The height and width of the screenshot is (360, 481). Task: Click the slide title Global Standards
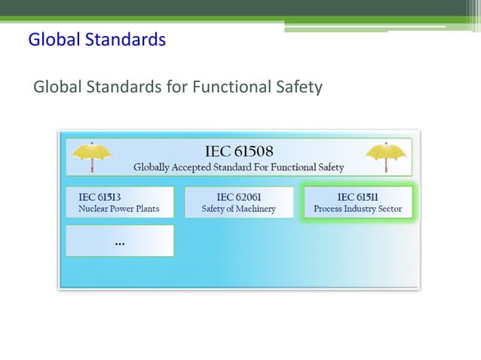click(x=97, y=39)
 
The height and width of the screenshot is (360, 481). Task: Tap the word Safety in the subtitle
click(x=296, y=87)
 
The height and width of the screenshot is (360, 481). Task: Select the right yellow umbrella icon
click(x=385, y=157)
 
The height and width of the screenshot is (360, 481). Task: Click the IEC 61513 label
click(x=100, y=197)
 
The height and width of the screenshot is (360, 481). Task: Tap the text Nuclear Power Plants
click(x=118, y=209)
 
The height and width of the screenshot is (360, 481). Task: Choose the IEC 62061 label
click(x=238, y=197)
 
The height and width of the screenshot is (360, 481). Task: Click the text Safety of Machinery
click(x=238, y=209)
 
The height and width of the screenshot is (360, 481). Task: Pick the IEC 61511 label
click(x=357, y=197)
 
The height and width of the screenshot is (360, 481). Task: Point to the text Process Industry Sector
click(x=357, y=209)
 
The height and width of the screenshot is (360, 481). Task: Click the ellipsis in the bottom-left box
click(x=120, y=243)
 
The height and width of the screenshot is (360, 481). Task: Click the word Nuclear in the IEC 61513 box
click(x=94, y=209)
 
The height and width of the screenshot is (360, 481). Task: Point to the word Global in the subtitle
click(x=58, y=87)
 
